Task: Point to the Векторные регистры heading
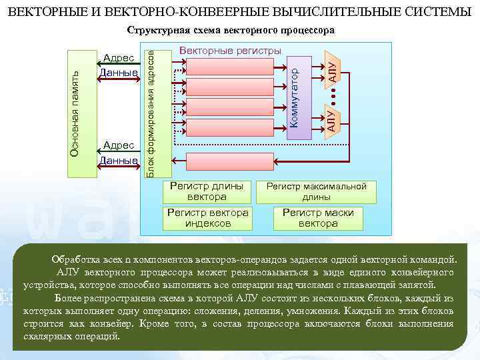tap(231, 51)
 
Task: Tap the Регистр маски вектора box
tap(318, 218)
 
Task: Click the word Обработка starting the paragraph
tap(79, 259)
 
